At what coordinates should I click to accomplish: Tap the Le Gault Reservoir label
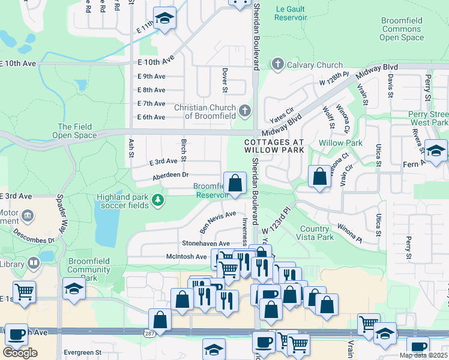tap(291, 14)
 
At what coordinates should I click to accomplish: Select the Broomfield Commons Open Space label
tap(402, 29)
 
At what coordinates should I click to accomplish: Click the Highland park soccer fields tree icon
tap(158, 199)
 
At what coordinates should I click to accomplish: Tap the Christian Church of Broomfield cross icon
tap(244, 110)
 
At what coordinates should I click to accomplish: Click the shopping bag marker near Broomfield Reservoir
tap(235, 182)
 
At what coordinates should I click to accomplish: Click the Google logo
tap(20, 352)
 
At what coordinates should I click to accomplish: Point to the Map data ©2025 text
tap(423, 355)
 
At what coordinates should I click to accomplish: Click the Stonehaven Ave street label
tap(206, 244)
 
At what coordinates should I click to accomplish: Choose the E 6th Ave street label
tap(151, 117)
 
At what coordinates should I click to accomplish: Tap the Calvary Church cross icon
tap(277, 64)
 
